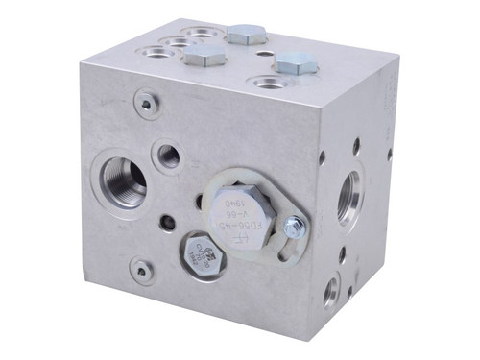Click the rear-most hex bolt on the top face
pos(246,35)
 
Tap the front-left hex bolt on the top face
pos(204,57)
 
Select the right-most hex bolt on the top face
pos(295,63)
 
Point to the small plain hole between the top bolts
pos(252,57)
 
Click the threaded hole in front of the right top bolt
pos(270,83)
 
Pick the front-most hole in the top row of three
pos(158,52)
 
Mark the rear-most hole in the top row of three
pos(199,33)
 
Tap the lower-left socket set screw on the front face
pos(141,271)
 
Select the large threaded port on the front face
pos(121,180)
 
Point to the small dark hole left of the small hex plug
pos(169,224)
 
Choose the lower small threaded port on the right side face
pos(331,290)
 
